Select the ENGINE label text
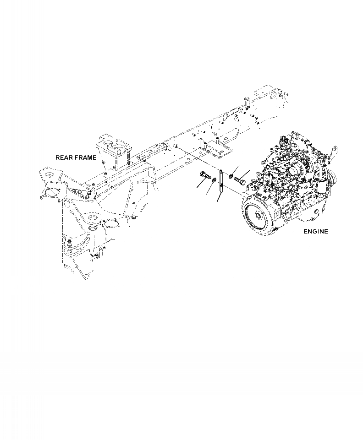[316, 232]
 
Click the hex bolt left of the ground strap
[205, 175]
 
